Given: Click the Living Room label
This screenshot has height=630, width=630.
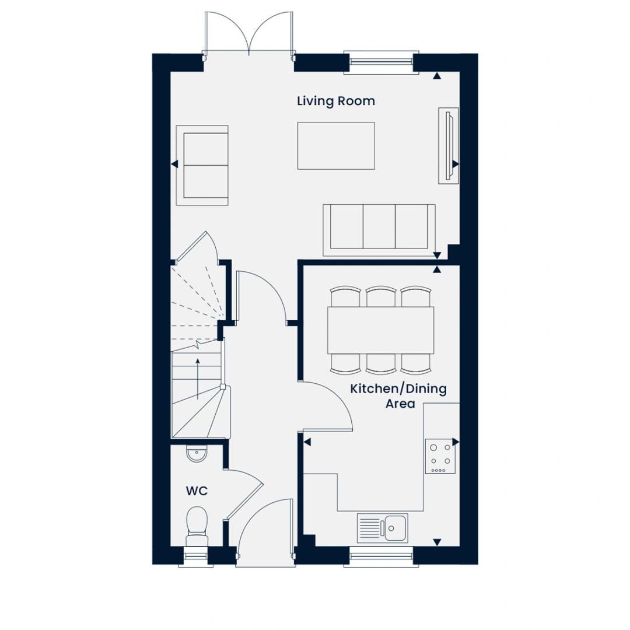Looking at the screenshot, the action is pos(336,101).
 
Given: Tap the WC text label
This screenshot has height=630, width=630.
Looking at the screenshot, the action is pos(197,491).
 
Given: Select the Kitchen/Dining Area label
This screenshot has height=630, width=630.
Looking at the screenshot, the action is pos(398,395).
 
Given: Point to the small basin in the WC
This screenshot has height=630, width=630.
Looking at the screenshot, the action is pos(197,454).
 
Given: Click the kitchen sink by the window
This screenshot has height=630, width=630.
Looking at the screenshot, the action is pos(383,527).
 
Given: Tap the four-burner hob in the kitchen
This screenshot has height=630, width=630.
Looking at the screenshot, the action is pos(440,456).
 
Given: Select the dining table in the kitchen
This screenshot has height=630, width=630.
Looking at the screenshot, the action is pos(380,330).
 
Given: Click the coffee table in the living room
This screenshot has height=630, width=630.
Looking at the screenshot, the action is pos(336,146).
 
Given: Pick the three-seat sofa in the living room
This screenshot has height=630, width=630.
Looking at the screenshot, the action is pos(379,230).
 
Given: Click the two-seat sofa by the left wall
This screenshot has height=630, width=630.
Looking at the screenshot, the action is pos(202,166).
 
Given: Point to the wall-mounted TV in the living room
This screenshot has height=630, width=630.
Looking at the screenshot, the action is pos(449,146).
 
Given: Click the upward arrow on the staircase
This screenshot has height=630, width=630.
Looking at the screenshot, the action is pos(198,379).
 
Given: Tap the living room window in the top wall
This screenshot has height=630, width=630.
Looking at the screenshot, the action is pos(381,62).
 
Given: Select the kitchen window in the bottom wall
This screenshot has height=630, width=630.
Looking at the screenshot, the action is pos(381,556).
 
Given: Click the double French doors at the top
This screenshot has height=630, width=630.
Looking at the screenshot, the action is pos(249,33).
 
